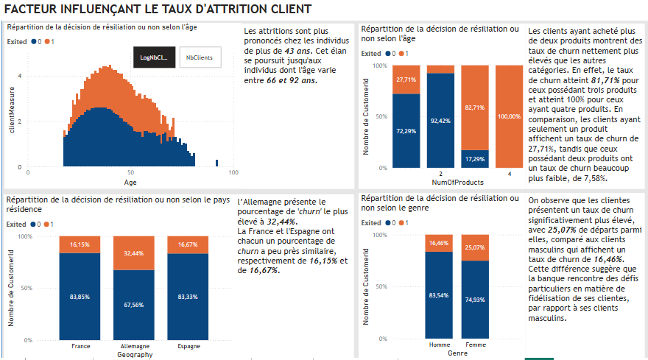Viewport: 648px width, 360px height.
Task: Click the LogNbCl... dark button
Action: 154,57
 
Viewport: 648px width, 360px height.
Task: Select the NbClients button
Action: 200,57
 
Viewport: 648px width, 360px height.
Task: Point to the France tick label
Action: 80,346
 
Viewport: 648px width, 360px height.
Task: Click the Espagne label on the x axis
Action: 188,346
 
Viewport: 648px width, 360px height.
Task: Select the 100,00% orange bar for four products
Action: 509,116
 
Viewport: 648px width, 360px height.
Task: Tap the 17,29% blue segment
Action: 474,158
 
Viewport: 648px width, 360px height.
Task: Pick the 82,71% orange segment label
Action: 474,107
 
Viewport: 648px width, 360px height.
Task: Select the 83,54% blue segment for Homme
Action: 438,295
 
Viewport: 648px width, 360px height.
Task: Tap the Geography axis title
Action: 135,354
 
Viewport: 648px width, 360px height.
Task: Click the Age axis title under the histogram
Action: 130,182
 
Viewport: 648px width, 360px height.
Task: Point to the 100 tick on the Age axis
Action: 233,173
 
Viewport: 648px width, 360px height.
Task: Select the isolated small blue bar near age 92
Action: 216,163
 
